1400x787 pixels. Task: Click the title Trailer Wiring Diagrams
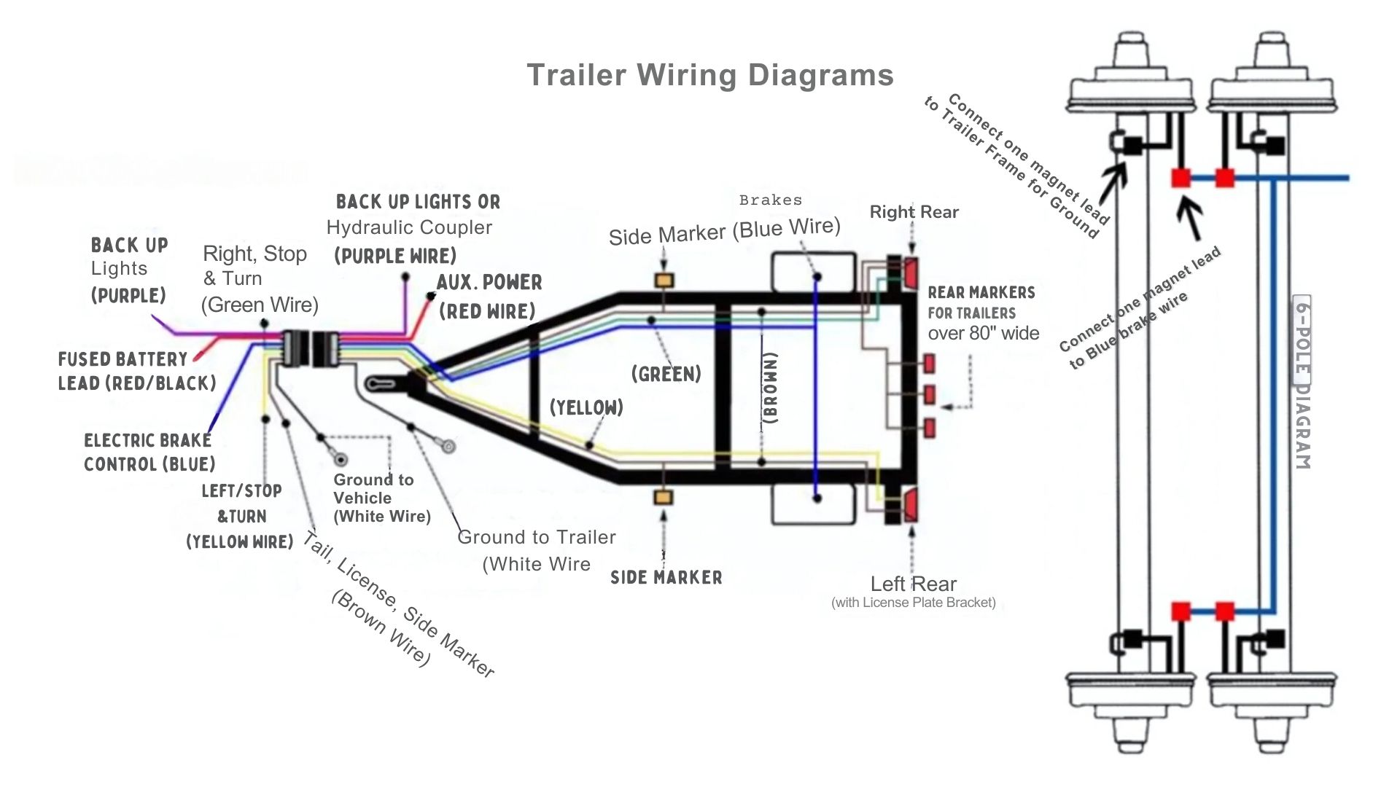click(709, 75)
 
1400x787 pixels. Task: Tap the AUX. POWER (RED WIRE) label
click(489, 297)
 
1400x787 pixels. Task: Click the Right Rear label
click(914, 212)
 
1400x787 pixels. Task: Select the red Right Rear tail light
click(911, 273)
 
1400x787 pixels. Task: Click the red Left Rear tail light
click(911, 505)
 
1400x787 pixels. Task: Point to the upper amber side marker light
click(664, 281)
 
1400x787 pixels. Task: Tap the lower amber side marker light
click(664, 498)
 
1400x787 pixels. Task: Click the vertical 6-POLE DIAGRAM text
click(1302, 383)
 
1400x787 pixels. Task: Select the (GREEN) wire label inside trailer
click(666, 374)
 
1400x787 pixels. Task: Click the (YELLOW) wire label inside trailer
click(586, 407)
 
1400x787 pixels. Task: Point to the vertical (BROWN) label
click(771, 388)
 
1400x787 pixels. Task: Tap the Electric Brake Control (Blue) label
click(149, 452)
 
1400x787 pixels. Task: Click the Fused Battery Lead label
click(136, 371)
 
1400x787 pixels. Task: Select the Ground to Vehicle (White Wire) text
click(381, 498)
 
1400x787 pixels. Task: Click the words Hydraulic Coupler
click(409, 227)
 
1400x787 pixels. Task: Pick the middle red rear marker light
click(929, 395)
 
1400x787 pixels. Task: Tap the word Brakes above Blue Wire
click(770, 200)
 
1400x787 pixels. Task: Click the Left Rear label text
click(913, 584)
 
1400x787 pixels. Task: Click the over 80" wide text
click(983, 333)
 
